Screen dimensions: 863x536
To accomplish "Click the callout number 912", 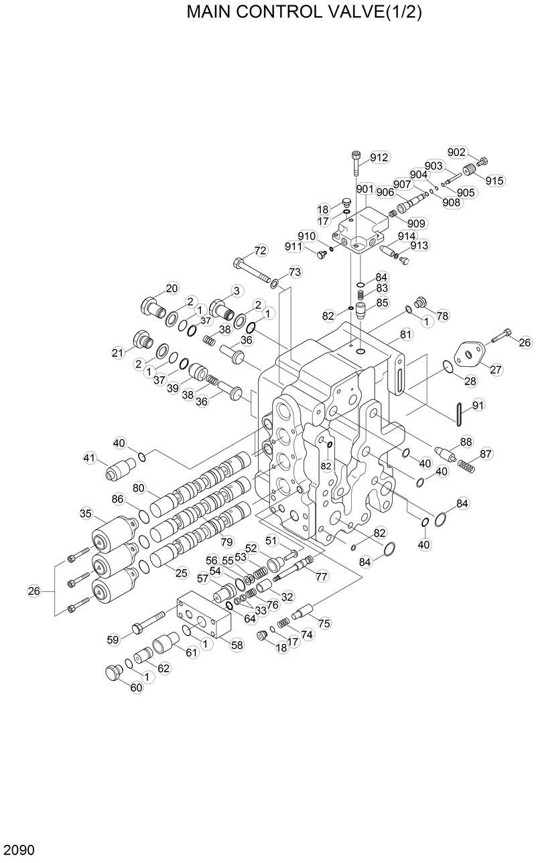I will coord(379,158).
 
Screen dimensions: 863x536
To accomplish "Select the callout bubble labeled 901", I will coord(365,189).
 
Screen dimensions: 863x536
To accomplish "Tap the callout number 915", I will coord(495,181).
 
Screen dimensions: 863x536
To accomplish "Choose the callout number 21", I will coord(119,353).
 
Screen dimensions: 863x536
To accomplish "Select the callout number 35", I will coord(86,514).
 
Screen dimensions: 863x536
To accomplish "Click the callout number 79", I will coord(227,541).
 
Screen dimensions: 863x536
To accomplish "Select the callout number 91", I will coord(478,405).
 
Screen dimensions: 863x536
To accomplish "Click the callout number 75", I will coord(324,623).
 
